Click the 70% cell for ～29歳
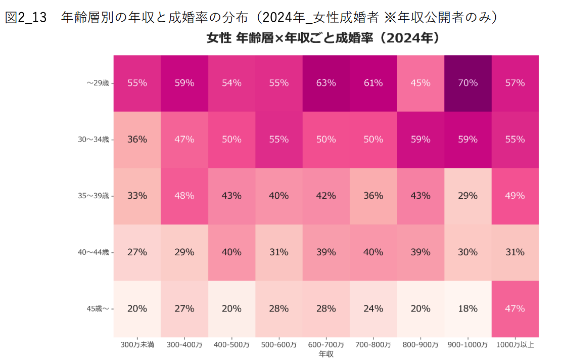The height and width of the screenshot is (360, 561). click(467, 83)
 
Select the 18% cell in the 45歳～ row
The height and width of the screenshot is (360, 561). click(467, 308)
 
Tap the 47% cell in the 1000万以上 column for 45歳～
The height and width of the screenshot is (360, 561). click(515, 308)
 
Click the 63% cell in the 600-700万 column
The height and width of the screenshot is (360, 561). click(325, 83)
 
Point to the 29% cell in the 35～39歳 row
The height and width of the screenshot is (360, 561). click(467, 196)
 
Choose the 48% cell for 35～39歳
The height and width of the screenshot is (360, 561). click(184, 196)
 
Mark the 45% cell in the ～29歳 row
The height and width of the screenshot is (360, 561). click(420, 83)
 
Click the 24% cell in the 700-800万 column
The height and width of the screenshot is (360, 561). click(373, 308)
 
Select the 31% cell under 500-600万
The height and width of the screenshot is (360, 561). click(278, 252)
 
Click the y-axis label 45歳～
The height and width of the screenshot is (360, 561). click(98, 308)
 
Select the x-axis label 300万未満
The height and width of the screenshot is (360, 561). click(137, 345)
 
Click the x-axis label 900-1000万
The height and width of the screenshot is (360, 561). click(467, 345)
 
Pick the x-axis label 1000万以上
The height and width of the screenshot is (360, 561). click(515, 345)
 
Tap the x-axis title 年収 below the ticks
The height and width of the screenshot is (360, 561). click(326, 354)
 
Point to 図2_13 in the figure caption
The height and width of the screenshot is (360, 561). click(26, 18)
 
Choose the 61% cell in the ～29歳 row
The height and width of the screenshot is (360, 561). click(373, 83)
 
